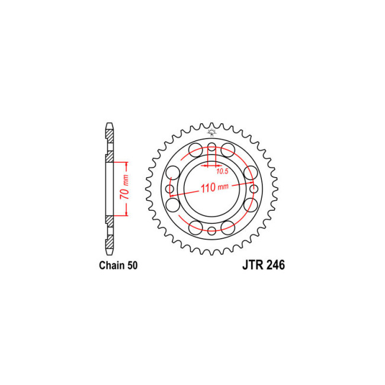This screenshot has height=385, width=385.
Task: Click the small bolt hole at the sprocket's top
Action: tap(213, 147)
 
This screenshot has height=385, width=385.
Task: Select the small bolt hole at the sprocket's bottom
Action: tap(213, 230)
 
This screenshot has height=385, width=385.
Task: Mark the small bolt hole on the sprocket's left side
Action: tap(171, 190)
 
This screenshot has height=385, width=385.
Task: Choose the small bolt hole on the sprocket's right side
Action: tap(254, 190)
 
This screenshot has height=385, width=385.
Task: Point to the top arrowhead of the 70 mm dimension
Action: tap(127, 163)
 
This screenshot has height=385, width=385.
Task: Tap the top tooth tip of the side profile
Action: tap(108, 126)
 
